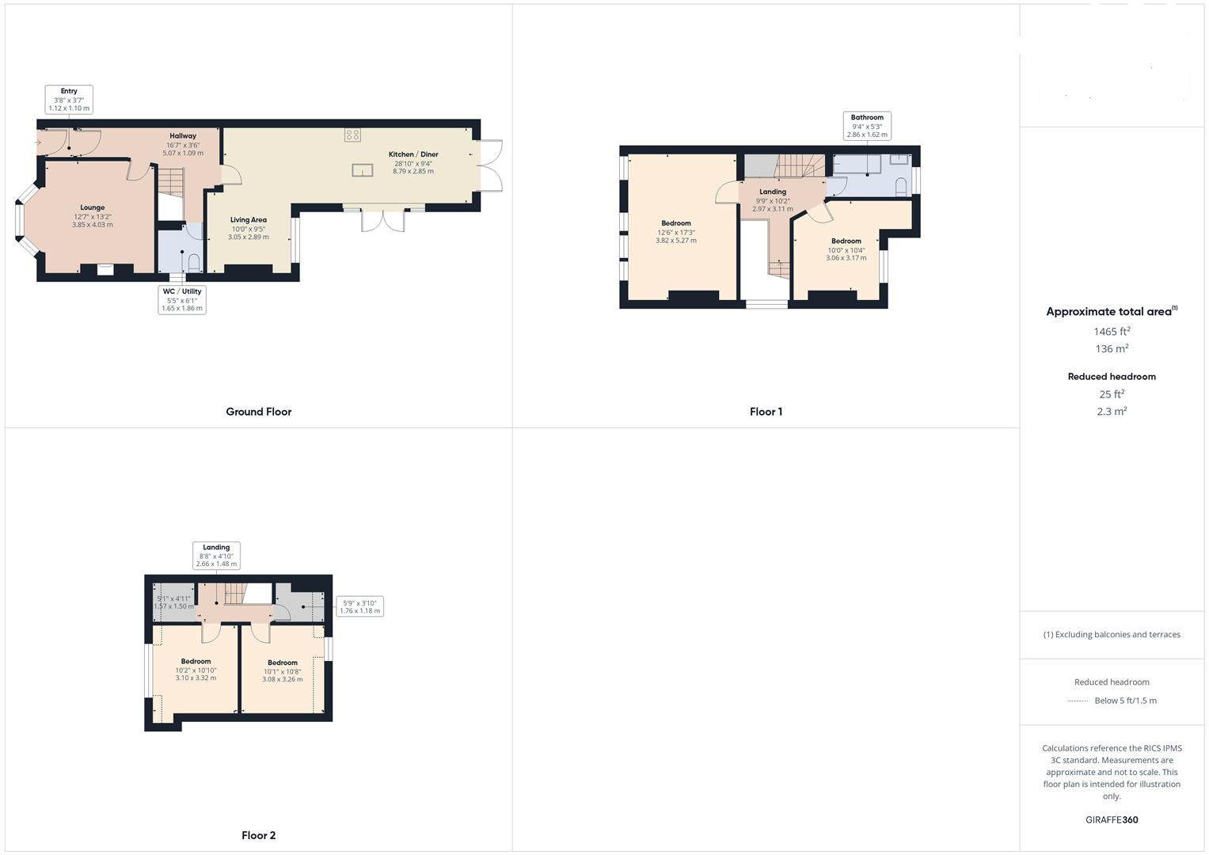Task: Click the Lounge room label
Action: (92, 207)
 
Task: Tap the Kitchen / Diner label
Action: (413, 154)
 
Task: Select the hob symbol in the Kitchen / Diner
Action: (352, 135)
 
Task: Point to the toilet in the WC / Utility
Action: (193, 262)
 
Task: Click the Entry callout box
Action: (69, 99)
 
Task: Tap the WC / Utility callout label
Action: (182, 299)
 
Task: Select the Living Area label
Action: (248, 220)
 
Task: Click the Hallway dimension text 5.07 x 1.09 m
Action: (183, 153)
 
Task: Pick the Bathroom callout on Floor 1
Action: (867, 126)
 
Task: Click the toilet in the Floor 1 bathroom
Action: (901, 188)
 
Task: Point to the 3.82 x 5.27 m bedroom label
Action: (676, 231)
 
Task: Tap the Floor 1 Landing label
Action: (773, 192)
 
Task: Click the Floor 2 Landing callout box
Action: (216, 555)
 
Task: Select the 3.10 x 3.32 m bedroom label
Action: (196, 669)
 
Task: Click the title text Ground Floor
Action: (258, 412)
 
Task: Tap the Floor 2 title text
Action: (258, 835)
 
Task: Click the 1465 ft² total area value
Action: (1112, 332)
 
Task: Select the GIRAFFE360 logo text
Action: (1112, 820)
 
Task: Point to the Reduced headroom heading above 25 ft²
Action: (1112, 377)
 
